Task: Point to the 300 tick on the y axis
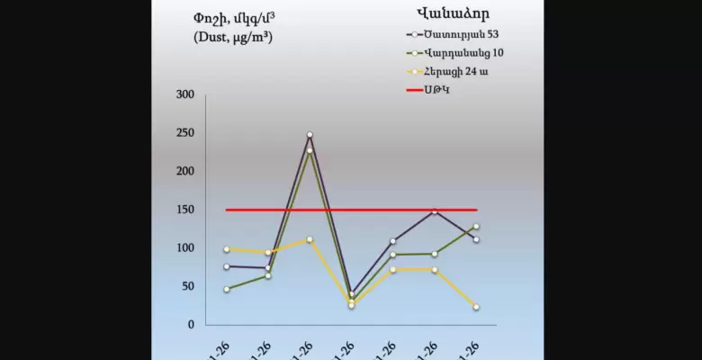coord(184,94)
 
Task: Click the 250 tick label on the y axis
coord(184,133)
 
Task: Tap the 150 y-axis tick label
coord(184,210)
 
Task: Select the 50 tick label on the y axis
coord(187,286)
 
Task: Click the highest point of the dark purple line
coord(310,135)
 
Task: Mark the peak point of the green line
coord(310,151)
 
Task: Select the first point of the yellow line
coord(226,249)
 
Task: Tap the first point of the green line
coord(226,289)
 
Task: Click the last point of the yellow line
coord(476,307)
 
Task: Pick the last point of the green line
coord(476,227)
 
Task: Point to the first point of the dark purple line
coord(226,266)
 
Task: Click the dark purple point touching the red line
coord(435,211)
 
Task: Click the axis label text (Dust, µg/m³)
coord(233,37)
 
